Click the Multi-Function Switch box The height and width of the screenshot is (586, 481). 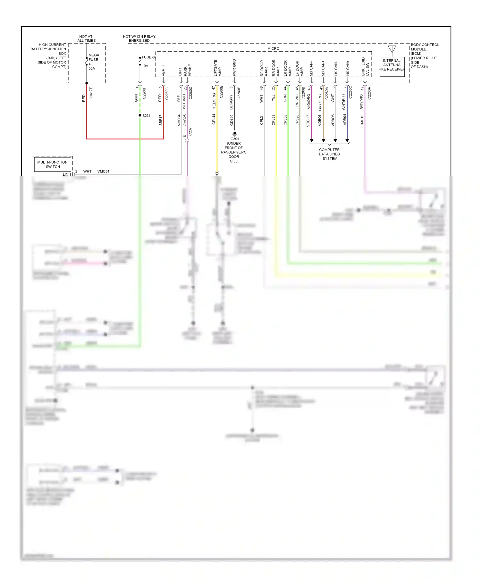click(x=53, y=164)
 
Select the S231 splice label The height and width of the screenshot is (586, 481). click(x=146, y=116)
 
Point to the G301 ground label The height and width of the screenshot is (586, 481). click(x=234, y=139)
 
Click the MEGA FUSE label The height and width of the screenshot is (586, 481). click(x=94, y=57)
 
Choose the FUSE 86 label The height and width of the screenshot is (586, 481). click(x=149, y=57)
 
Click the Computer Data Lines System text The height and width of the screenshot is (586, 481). click(x=329, y=154)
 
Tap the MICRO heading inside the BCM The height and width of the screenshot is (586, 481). click(x=273, y=49)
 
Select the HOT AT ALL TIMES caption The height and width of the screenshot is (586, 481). click(x=86, y=38)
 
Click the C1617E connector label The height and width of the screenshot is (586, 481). click(x=91, y=93)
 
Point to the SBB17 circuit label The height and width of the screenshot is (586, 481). click(x=161, y=120)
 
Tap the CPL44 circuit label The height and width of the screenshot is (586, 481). click(x=214, y=119)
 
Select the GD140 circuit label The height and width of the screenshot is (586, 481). click(x=232, y=120)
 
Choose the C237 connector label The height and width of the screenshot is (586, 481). click(x=190, y=131)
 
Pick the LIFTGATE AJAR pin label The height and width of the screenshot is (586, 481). click(x=217, y=68)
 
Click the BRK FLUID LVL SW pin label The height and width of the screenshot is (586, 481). click(x=365, y=67)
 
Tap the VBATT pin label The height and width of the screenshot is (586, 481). click(x=163, y=71)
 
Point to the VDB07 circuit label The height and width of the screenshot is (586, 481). click(x=308, y=121)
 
